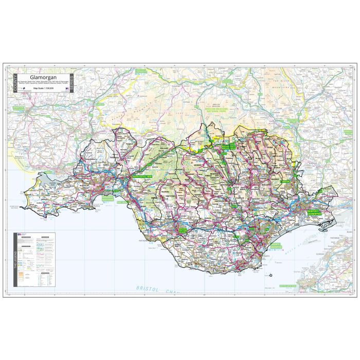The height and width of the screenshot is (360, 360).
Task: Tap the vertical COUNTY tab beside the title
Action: point(12,83)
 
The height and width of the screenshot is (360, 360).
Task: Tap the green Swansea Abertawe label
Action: point(107,198)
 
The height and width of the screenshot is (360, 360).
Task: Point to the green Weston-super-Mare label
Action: point(287,285)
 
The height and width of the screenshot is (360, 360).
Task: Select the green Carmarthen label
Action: point(19,109)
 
